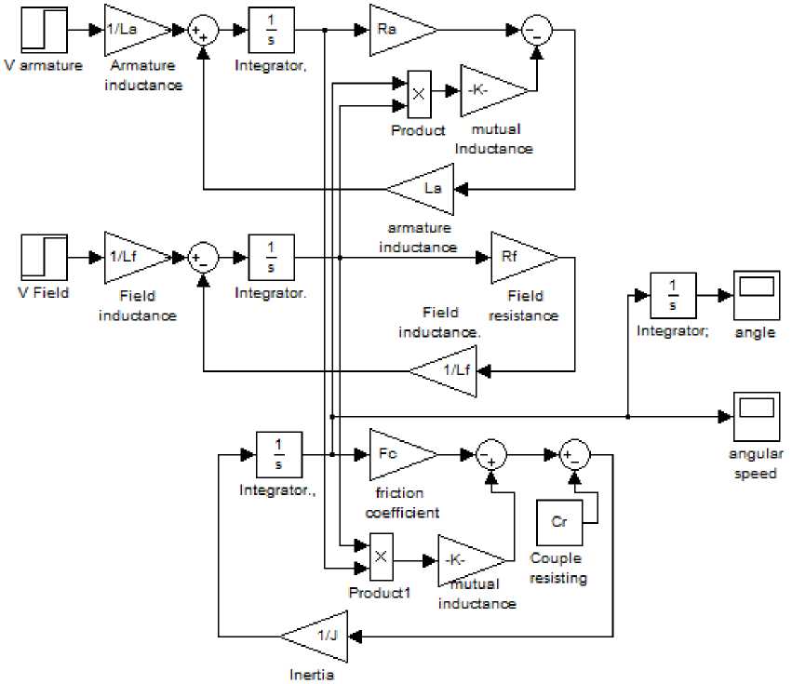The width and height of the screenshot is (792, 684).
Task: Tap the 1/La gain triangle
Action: (x=134, y=30)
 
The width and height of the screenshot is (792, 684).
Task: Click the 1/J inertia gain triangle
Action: (x=316, y=636)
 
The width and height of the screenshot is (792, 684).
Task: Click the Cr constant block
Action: (x=559, y=522)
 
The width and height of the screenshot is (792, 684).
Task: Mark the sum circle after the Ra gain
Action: (x=536, y=30)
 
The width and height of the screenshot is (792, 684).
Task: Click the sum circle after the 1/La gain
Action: (x=203, y=30)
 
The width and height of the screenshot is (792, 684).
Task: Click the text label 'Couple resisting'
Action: (x=557, y=569)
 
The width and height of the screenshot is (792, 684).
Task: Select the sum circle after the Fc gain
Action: (x=490, y=454)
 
